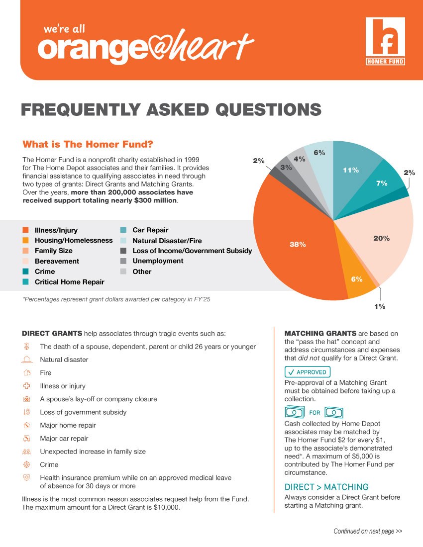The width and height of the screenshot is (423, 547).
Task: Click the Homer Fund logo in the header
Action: (x=385, y=41)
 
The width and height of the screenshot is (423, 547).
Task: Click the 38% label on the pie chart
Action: (x=298, y=244)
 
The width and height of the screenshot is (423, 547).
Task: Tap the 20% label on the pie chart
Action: (x=381, y=239)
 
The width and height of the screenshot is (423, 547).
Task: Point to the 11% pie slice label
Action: (x=350, y=170)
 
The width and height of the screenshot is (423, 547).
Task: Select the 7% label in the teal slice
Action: (x=382, y=183)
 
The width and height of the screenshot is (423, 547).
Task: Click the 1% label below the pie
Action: (x=380, y=306)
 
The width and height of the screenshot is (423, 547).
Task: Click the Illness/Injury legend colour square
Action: (x=25, y=230)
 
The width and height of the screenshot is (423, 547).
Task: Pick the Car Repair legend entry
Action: (x=150, y=230)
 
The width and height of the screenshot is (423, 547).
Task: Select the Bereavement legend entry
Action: (x=57, y=261)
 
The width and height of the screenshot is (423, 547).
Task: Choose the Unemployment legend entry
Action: (x=158, y=261)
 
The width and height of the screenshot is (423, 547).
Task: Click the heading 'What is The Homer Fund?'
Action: (x=88, y=144)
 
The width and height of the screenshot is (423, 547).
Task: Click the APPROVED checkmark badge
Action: (x=307, y=372)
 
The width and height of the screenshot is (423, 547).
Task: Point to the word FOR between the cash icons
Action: (x=315, y=413)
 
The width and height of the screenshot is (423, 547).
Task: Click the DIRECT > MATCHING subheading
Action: (x=326, y=487)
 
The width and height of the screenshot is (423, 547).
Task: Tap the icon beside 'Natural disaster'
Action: (x=27, y=360)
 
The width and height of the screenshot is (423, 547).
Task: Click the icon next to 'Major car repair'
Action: (x=27, y=439)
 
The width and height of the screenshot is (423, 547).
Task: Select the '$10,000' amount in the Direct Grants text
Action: (x=164, y=508)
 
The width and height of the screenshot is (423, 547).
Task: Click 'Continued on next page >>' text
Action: (x=368, y=531)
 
